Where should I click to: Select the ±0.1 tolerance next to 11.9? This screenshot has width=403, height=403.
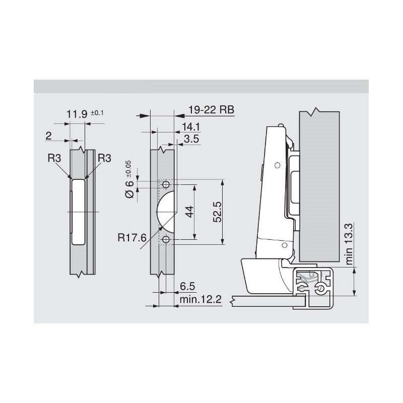(x=97, y=112)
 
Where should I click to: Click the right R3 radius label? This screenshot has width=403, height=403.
(x=104, y=158)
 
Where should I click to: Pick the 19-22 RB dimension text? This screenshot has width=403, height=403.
(x=211, y=109)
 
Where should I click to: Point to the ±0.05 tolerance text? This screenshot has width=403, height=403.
(x=128, y=167)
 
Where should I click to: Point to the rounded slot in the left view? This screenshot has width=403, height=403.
(x=78, y=211)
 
